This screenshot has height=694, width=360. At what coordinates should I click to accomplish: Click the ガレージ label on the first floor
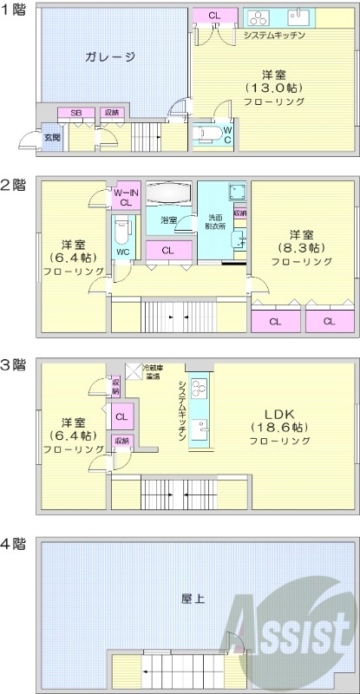(110, 57)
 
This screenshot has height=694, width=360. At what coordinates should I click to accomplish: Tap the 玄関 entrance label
(29, 137)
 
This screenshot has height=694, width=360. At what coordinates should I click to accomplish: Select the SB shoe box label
(75, 113)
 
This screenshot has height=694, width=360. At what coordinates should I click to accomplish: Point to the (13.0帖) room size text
(273, 88)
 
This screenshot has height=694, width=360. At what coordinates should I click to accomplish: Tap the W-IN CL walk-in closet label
(125, 197)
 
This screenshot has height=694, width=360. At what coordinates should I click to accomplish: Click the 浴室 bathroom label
(168, 220)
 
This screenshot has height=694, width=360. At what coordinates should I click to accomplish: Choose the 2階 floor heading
(13, 184)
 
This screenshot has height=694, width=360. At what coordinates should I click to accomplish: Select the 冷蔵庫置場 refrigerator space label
(155, 371)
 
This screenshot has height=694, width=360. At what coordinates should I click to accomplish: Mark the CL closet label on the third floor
(122, 416)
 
